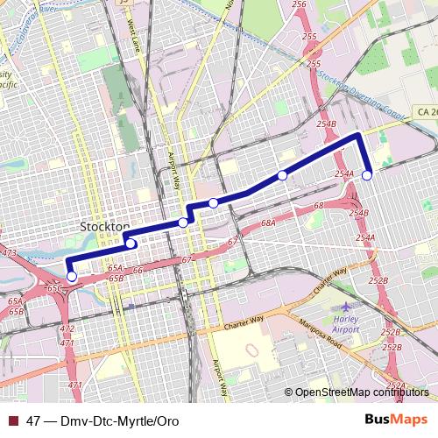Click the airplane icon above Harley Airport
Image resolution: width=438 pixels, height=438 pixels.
click(348, 307)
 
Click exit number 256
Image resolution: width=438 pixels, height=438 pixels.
click(299, 5)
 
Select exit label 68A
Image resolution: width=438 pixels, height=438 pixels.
click(268, 224)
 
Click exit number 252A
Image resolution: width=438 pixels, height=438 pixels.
click(396, 385)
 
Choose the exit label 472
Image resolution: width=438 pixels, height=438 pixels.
click(67, 328)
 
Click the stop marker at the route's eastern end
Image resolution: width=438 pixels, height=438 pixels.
click(367, 175)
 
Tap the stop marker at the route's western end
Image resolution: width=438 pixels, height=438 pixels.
click(72, 277)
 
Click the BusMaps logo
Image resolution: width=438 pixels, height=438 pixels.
click(397, 420)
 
